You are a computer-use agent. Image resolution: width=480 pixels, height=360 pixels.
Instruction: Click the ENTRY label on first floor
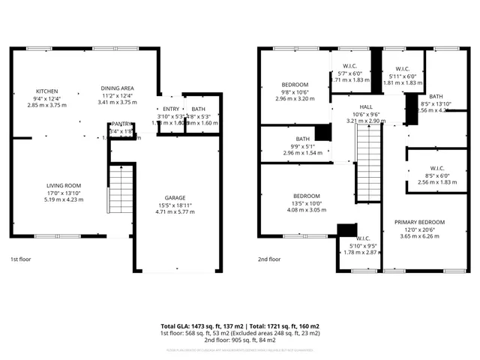point(171,109)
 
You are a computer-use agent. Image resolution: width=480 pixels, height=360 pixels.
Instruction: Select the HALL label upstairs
point(365,106)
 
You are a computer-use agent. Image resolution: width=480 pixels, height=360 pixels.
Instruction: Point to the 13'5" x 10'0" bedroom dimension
point(305,203)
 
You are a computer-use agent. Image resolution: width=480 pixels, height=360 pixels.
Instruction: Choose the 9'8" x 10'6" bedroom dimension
point(295,92)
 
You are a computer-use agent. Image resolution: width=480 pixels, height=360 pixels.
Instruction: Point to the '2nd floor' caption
point(269,259)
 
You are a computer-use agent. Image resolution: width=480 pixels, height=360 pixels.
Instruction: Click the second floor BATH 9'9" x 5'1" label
point(302,139)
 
